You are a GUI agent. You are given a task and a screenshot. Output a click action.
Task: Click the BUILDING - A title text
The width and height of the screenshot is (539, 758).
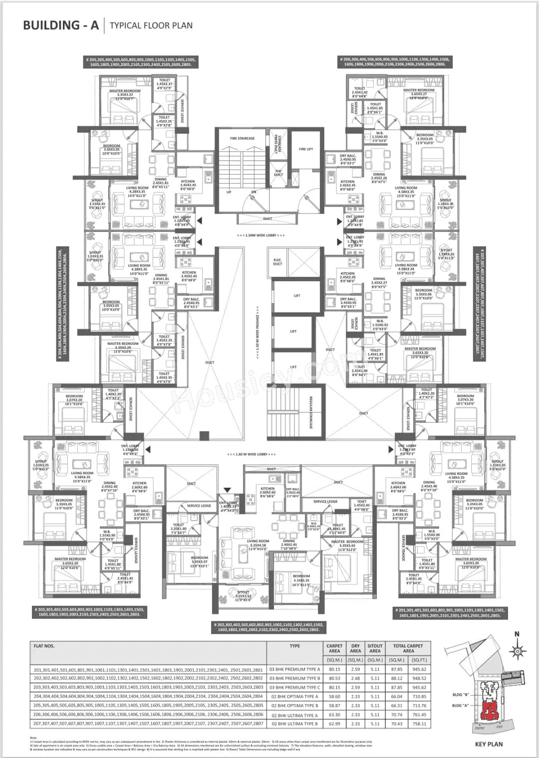(61, 25)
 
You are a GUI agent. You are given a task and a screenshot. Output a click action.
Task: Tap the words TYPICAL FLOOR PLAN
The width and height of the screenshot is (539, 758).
(151, 25)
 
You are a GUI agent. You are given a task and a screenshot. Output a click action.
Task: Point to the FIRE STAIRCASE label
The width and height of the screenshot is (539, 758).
(242, 139)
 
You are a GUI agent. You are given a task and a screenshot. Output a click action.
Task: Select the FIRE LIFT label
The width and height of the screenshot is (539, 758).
(306, 149)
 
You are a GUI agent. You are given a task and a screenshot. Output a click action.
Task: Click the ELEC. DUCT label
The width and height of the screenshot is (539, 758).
(278, 262)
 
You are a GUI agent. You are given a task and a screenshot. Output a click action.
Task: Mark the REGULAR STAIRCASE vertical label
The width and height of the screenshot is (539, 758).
(310, 413)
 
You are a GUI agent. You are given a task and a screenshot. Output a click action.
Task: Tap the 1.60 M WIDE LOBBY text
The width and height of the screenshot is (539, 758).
(251, 454)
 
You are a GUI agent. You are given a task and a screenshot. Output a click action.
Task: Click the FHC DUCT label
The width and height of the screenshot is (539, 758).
(278, 173)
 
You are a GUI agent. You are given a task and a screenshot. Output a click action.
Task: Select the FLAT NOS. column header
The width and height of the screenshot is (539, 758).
(44, 646)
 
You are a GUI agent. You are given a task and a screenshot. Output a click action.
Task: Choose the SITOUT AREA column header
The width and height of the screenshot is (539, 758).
(375, 648)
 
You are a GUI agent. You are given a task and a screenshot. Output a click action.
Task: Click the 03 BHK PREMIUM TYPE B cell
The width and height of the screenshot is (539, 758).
(294, 678)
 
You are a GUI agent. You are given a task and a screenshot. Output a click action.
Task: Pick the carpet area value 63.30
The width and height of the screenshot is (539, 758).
(334, 715)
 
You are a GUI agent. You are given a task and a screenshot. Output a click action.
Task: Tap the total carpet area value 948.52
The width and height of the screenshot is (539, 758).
(419, 678)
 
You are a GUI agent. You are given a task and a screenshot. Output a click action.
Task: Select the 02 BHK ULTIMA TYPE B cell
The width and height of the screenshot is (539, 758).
(294, 724)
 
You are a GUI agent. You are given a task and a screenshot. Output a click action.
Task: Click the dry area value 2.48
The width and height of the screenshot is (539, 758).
(355, 678)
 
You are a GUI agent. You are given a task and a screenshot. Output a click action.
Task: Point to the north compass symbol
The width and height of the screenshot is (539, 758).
(518, 650)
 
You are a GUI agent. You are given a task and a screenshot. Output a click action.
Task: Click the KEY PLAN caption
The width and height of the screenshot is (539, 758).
(489, 744)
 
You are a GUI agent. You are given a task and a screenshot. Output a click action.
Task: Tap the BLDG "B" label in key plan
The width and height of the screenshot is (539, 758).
(461, 694)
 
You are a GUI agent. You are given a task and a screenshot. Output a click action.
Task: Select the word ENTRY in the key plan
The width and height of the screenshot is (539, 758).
(480, 728)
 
